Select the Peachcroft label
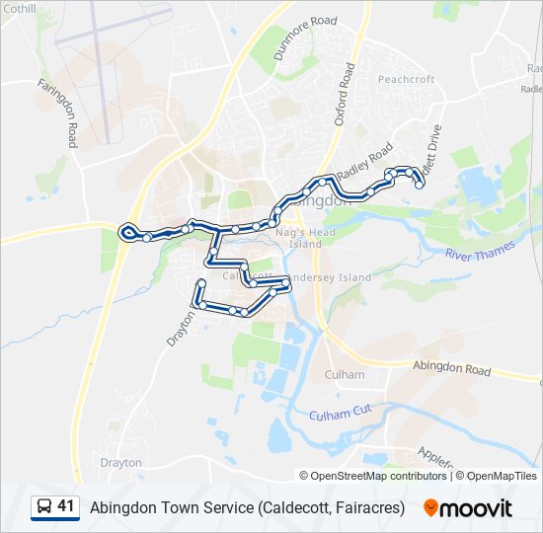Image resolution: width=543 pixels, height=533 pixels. click(406, 79)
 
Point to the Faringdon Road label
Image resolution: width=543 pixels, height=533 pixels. click(57, 114)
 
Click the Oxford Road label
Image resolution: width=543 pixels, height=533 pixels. click(344, 94)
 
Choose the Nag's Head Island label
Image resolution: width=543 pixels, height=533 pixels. click(299, 237)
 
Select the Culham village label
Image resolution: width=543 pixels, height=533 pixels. click(345, 375)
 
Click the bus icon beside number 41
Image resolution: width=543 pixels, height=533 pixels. click(43, 507)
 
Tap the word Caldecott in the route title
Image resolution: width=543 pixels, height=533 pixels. click(300, 508)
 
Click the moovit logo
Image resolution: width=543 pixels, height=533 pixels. click(468, 508)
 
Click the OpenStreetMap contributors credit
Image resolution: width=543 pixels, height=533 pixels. click(379, 476)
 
